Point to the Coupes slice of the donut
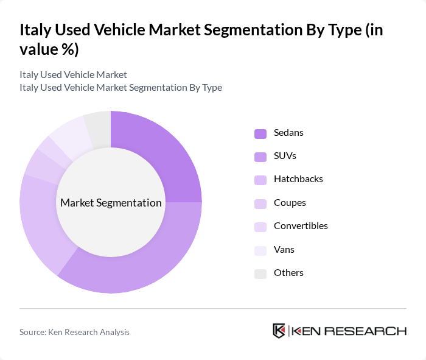pos(40,166)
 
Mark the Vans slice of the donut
pos(68,131)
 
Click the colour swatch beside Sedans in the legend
pos(260,133)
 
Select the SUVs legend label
pos(285,156)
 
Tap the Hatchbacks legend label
pos(298,179)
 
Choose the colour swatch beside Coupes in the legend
pos(260,203)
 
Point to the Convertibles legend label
pos(301,226)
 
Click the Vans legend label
pos(284,249)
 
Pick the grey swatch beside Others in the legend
pos(260,274)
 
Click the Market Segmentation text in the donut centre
pos(111,203)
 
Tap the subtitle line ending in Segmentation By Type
pos(120,88)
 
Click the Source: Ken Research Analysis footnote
pos(74,332)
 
